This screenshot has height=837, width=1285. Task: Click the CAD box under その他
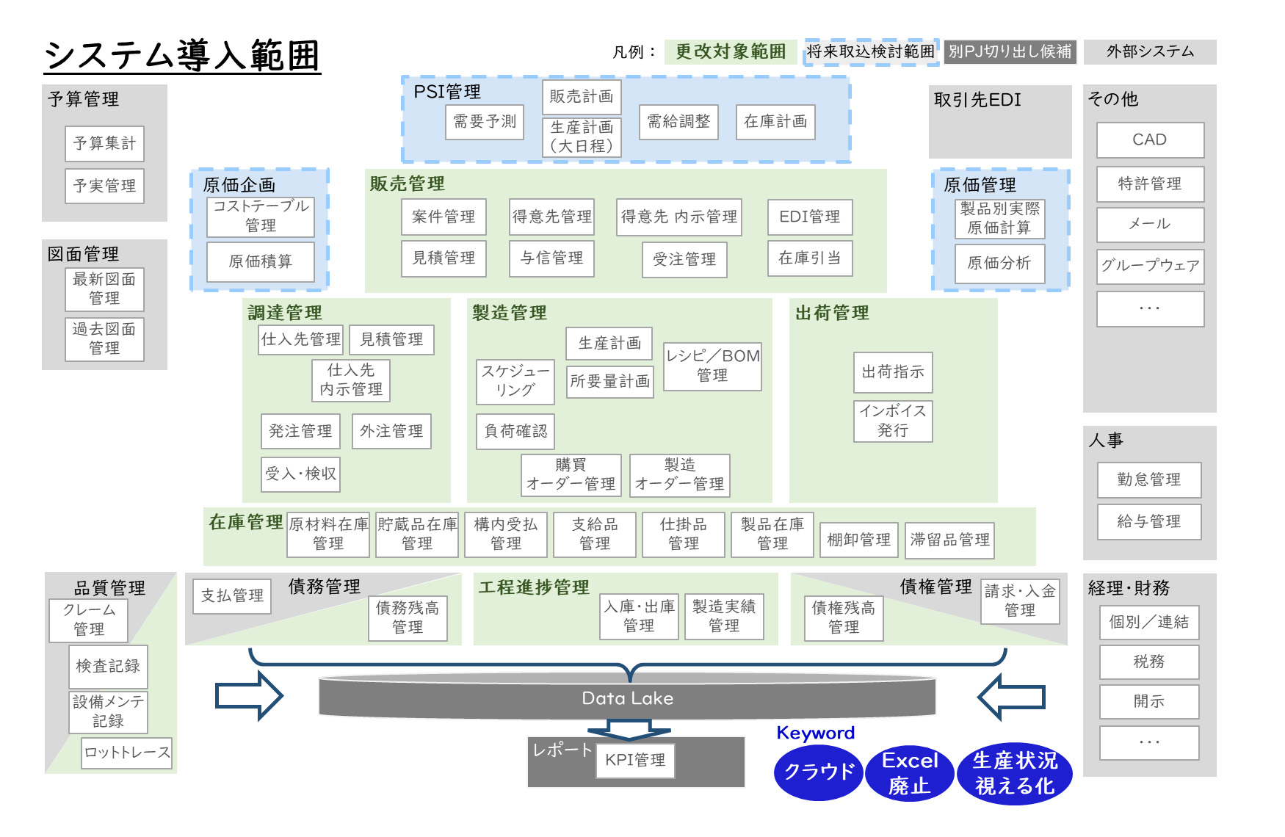click(x=1150, y=139)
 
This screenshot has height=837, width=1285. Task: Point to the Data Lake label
click(x=627, y=698)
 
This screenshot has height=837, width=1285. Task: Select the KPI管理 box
click(x=635, y=760)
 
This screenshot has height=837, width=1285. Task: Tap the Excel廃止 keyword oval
click(x=910, y=773)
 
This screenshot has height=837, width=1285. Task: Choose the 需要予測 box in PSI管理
click(x=485, y=121)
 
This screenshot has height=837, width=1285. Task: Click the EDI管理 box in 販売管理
click(x=809, y=217)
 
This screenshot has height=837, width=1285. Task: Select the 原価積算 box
click(x=260, y=262)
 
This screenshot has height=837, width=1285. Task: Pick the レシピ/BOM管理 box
click(x=712, y=366)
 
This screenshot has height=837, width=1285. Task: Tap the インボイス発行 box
click(x=893, y=421)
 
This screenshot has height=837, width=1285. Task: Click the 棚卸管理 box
click(x=858, y=540)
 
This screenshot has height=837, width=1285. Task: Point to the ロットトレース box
click(x=126, y=753)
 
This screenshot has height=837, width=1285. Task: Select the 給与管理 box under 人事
click(x=1149, y=521)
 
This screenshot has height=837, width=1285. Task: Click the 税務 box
click(x=1149, y=662)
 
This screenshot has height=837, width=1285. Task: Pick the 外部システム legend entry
click(x=1150, y=51)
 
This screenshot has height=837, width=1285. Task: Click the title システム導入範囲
click(x=182, y=56)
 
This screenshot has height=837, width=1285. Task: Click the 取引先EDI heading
click(x=977, y=100)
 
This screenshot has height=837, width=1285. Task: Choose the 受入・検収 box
click(x=300, y=474)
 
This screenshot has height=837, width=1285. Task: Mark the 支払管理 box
click(x=232, y=595)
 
